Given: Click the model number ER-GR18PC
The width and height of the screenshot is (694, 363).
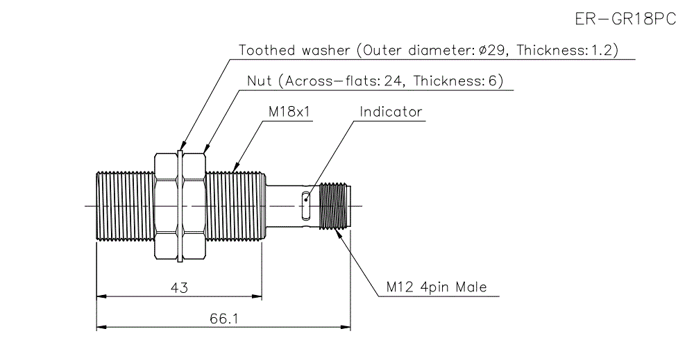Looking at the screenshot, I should coord(625,19).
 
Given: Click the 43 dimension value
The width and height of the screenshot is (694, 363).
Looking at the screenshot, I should coord(179,287).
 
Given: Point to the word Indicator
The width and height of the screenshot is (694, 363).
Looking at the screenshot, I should coord(391,112).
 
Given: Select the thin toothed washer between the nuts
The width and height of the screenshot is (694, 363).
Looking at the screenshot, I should coord(180,205).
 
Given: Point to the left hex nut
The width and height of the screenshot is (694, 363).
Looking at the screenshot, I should coord(165,205).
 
